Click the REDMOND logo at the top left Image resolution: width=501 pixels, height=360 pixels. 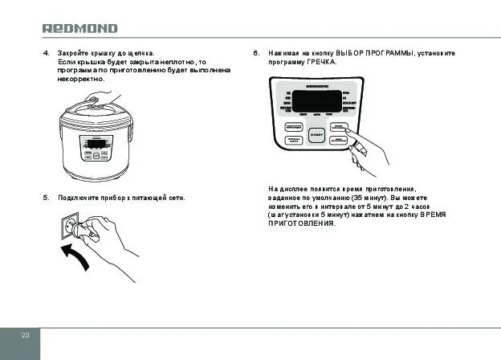click(x=79, y=28)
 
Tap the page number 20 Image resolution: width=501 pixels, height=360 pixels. click(x=25, y=334)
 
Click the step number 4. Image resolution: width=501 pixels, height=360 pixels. click(x=46, y=53)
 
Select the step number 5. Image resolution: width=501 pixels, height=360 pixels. click(x=46, y=197)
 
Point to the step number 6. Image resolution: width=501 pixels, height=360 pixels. click(x=256, y=53)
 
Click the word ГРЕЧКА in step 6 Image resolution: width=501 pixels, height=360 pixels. click(x=321, y=63)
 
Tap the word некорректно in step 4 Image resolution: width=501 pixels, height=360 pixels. click(x=83, y=80)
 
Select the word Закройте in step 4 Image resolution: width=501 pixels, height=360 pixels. click(x=73, y=53)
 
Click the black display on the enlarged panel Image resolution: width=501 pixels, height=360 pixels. click(x=319, y=102)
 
